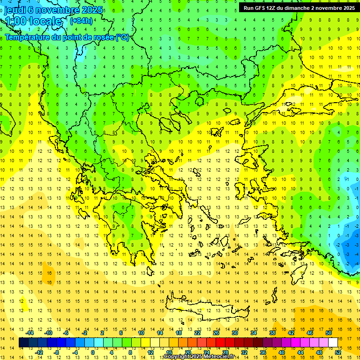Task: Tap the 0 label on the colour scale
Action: coord(93,352)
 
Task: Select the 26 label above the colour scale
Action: coord(216,333)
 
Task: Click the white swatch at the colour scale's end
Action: coord(333,343)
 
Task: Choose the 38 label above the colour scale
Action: coord(272,333)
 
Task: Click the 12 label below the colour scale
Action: coord(150,352)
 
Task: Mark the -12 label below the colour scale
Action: coord(39,352)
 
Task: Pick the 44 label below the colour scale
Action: coord(300,352)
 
